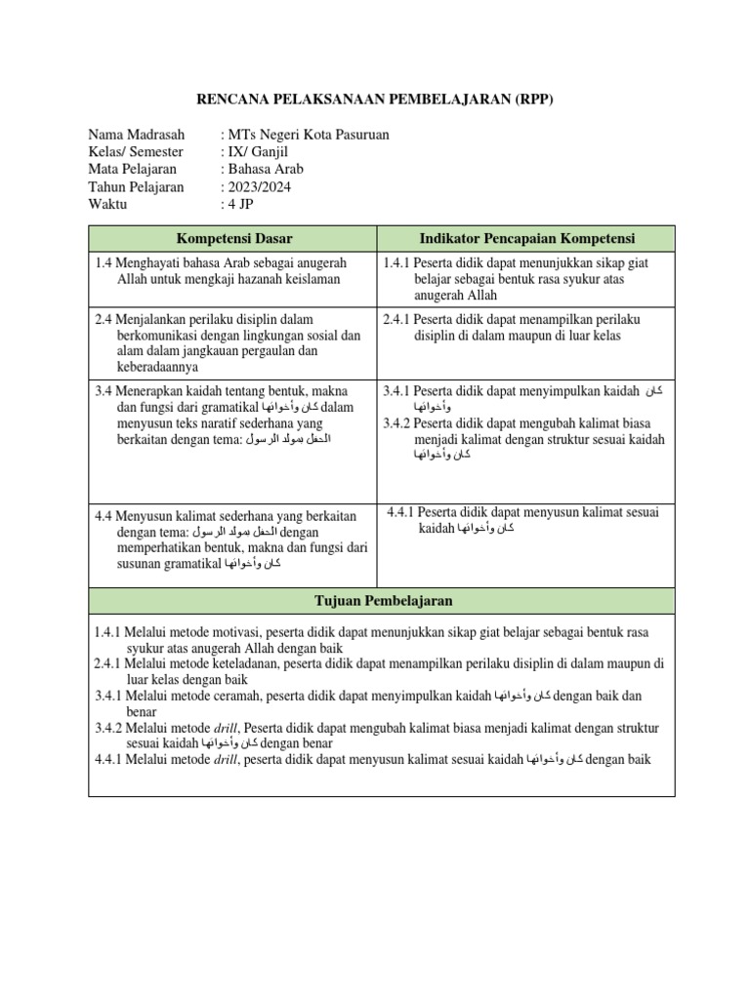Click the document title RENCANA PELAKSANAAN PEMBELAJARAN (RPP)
(x=375, y=100)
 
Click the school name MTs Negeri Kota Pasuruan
(x=309, y=135)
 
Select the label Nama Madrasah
(x=138, y=135)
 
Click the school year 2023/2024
(x=260, y=187)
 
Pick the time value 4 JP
(x=239, y=205)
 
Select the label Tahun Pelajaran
(x=136, y=187)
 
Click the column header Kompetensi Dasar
(x=233, y=238)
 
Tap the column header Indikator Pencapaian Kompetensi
(x=527, y=238)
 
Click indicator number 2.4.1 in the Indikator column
(x=396, y=319)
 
